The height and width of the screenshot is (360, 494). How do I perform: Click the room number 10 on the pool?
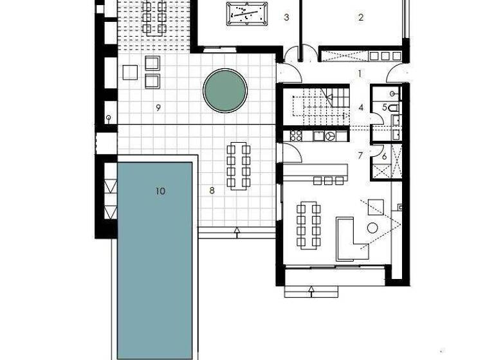coord(161,191)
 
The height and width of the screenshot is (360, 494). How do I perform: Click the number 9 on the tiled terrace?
coord(158,107)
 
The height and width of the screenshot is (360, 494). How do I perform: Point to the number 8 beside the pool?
coord(211,191)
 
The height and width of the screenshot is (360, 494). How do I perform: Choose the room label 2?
coord(361,18)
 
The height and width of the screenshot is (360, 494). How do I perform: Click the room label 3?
coord(286,18)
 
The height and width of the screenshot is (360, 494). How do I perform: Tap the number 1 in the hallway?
coord(360,74)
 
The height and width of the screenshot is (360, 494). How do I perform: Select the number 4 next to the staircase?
coord(361,107)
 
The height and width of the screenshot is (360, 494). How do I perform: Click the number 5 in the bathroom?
coord(385,107)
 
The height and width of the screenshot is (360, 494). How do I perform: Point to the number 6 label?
coord(384,156)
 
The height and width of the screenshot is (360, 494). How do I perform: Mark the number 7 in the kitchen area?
coord(360,156)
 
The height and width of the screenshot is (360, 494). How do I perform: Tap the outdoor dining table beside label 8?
coord(238,165)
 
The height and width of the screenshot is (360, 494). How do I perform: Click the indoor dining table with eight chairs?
coord(309,225)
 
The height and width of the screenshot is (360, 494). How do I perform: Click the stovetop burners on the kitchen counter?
coord(297,136)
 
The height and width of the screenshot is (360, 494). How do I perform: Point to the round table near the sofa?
coord(372,228)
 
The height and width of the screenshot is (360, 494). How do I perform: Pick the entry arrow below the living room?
coord(311,291)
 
